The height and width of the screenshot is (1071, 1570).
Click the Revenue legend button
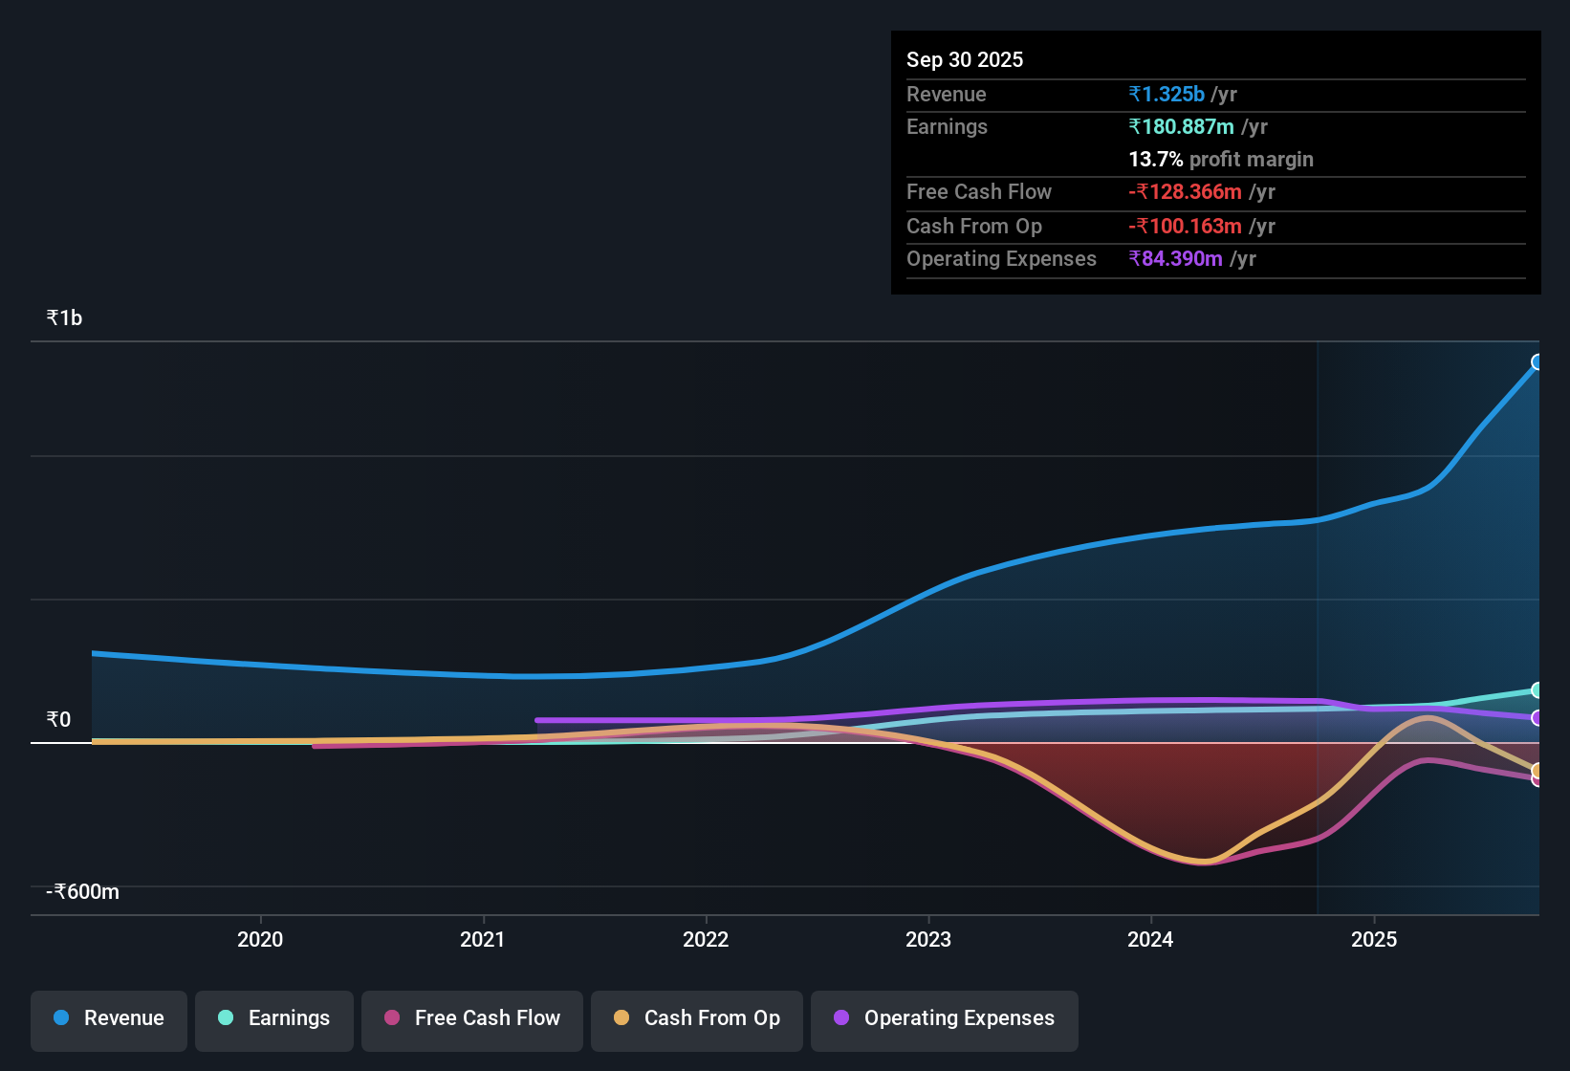(x=109, y=1018)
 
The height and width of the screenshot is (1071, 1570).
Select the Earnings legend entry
(x=274, y=1018)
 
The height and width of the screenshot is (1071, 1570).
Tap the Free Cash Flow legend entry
(x=472, y=1018)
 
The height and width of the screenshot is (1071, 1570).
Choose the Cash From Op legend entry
(x=697, y=1018)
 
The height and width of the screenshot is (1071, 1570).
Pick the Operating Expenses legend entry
(x=945, y=1018)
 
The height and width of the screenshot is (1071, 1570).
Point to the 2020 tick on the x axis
(x=260, y=939)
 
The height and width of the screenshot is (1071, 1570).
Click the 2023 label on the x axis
(x=928, y=939)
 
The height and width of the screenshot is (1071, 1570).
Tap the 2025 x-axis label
(x=1374, y=939)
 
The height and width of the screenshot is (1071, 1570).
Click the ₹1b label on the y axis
(x=65, y=317)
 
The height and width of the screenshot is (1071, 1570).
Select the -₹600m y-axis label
(x=83, y=891)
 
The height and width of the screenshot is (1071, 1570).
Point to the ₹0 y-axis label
(x=59, y=719)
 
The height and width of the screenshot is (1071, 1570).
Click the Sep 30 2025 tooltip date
(x=965, y=59)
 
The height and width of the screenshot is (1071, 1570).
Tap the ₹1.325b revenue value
(x=1167, y=94)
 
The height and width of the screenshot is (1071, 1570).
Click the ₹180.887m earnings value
(x=1182, y=126)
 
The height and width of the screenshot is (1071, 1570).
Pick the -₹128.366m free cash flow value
(x=1186, y=191)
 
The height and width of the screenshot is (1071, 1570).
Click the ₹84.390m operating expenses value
(x=1176, y=258)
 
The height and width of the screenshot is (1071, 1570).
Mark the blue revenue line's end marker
(x=1537, y=361)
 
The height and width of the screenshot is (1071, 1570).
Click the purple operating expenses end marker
(x=1537, y=717)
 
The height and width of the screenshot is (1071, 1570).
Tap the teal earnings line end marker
(x=1537, y=689)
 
